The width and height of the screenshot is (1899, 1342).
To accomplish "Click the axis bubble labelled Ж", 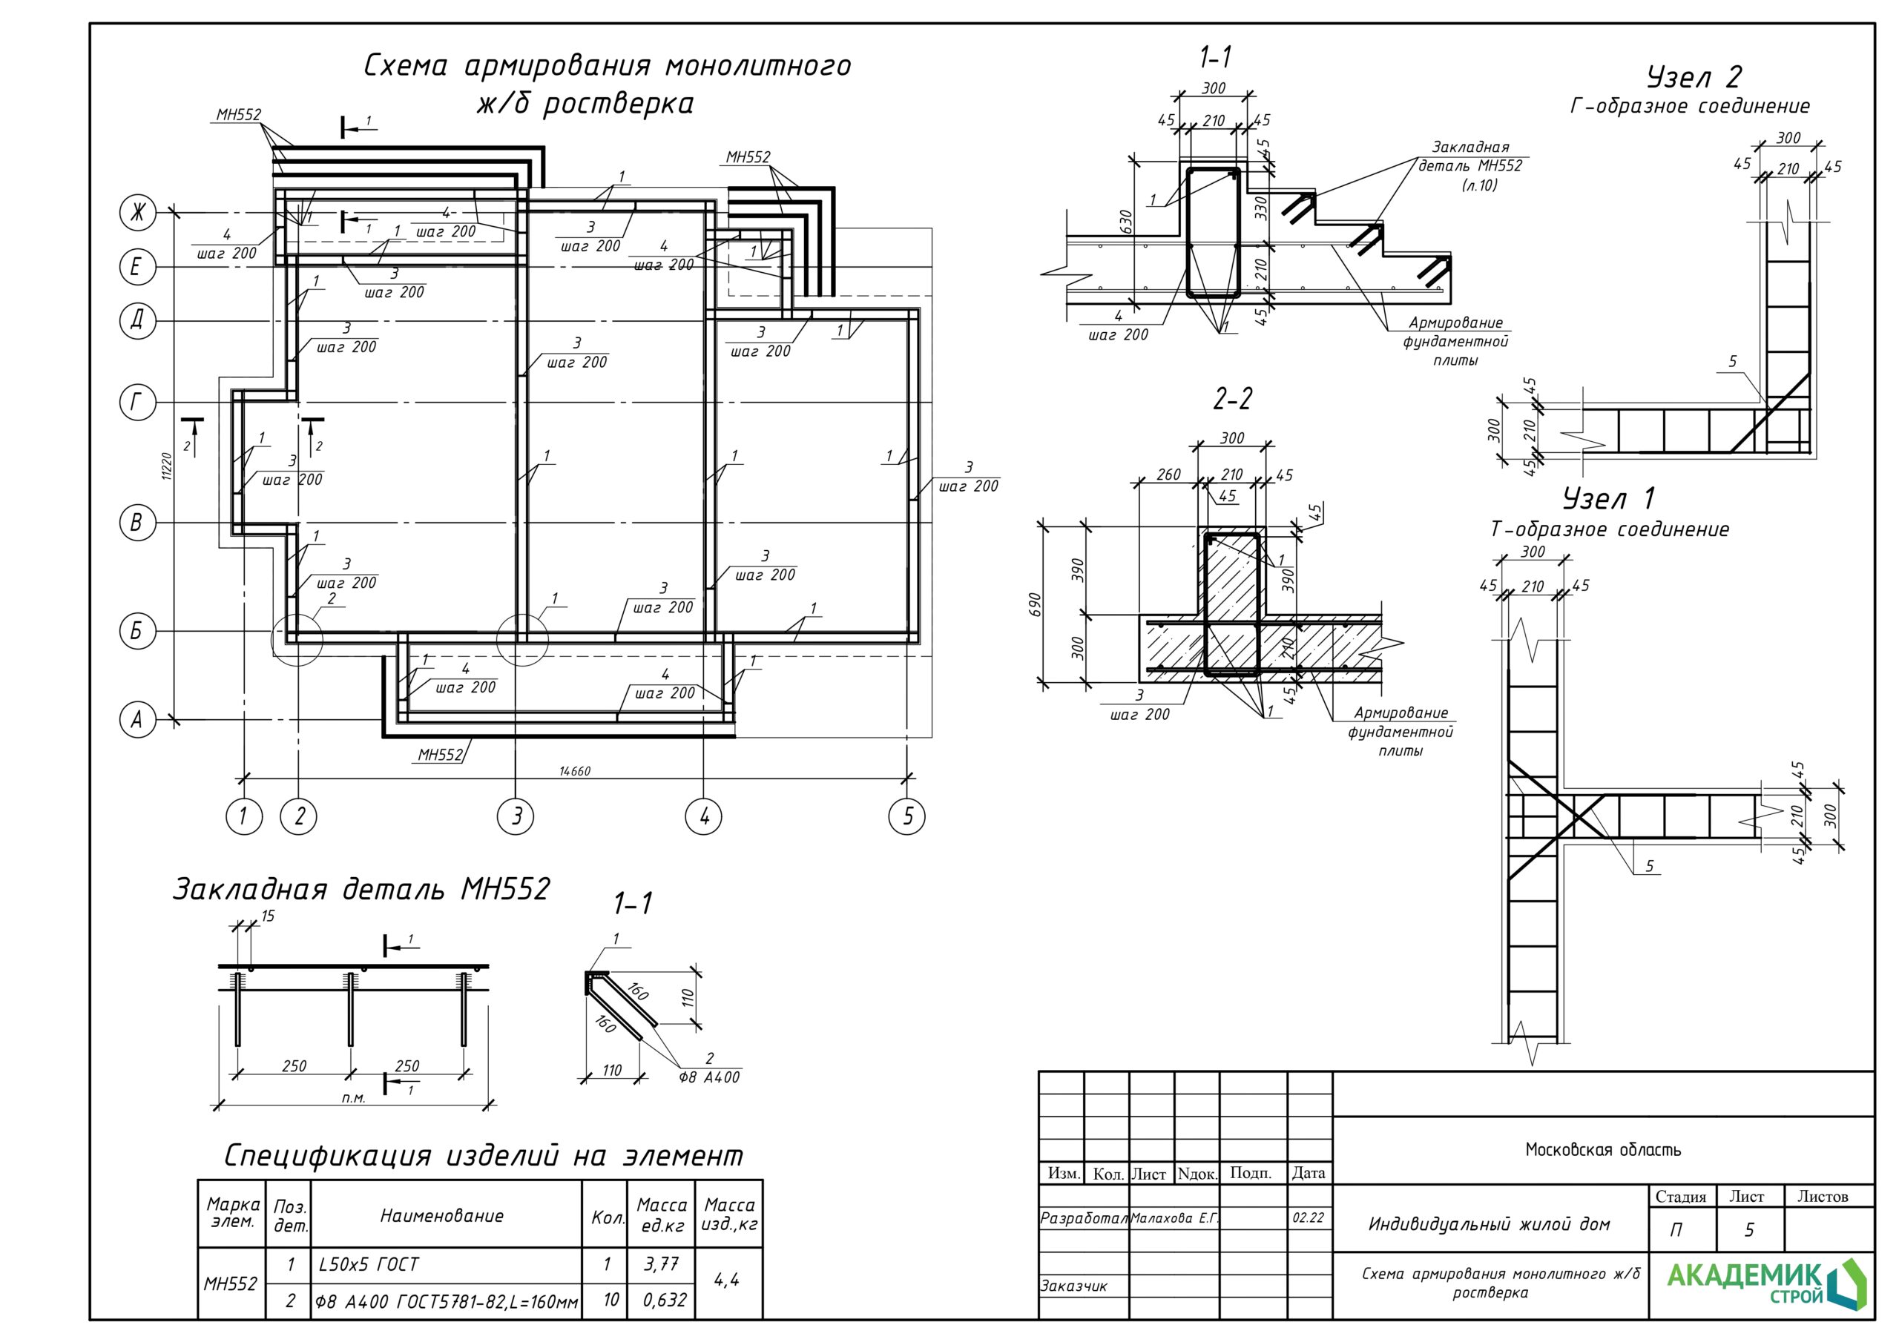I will coord(138,213).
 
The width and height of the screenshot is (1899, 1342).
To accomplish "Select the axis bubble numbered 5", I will coord(906,817).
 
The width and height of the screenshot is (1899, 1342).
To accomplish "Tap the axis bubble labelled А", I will coord(138,719).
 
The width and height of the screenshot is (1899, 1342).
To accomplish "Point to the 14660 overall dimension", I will coord(575,770).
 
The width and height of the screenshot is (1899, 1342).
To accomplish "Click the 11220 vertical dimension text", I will coord(165,466).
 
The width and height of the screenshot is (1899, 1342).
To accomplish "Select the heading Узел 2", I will coord(1693,77).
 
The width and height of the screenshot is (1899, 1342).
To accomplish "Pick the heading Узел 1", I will coord(1608,498).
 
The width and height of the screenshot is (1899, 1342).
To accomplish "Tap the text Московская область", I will coord(1603,1149).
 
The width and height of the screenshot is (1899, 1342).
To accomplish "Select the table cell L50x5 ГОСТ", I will coord(369,1264).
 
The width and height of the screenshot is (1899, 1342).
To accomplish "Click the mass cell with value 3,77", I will coord(661,1264).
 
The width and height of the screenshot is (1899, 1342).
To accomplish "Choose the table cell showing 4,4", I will coord(726,1280).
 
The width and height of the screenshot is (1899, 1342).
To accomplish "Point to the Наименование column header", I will coord(441,1215).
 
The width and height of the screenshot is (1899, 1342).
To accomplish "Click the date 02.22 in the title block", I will coord(1308,1218).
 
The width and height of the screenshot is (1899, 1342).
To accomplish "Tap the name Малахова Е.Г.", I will coord(1174,1218).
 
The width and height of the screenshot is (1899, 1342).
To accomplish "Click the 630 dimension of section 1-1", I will coord(1125,221).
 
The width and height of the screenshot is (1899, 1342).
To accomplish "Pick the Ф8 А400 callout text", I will coord(709,1077).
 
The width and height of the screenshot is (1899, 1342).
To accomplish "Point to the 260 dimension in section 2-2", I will coord(1168,475).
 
